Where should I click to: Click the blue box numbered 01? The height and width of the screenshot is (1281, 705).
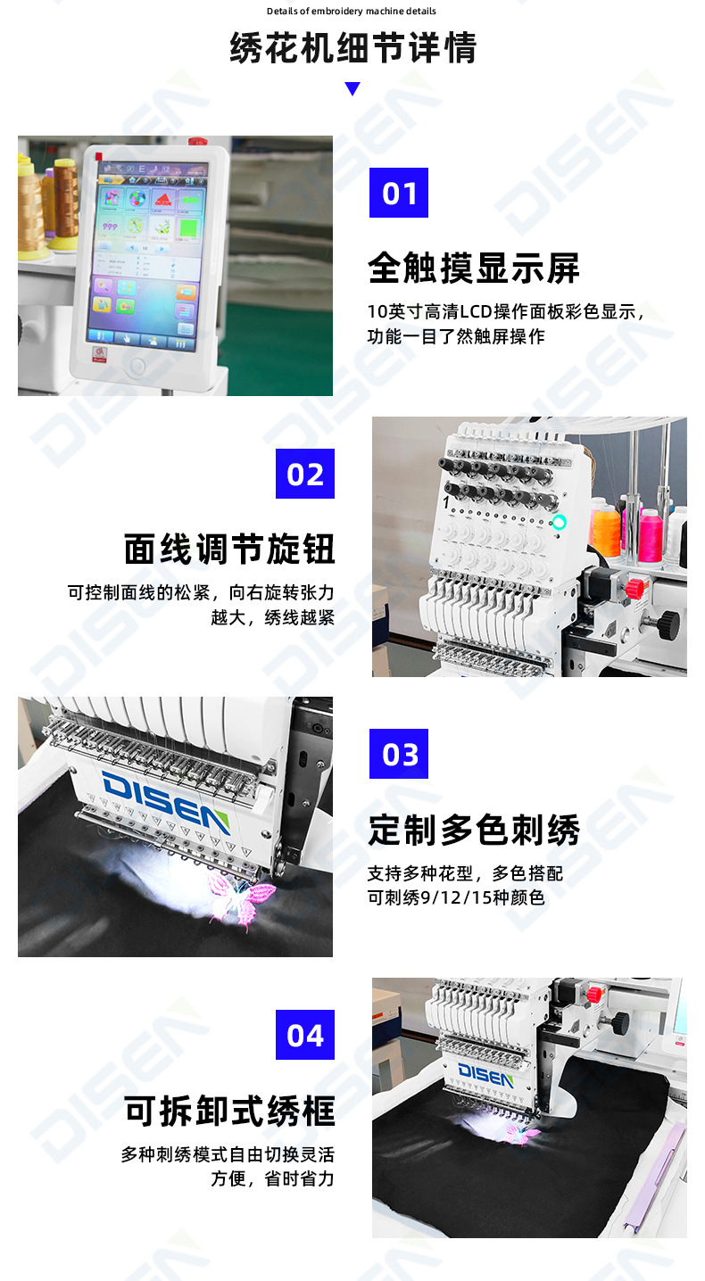(x=399, y=193)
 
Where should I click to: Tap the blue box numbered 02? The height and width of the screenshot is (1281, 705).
(x=305, y=474)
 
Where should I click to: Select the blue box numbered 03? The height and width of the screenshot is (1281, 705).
(x=399, y=754)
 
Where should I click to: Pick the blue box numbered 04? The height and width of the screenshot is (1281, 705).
(x=305, y=1035)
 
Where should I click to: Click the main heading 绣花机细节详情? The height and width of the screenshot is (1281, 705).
(x=352, y=47)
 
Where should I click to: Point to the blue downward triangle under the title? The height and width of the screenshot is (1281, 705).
(x=352, y=89)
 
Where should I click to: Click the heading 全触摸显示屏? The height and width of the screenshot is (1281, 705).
(x=474, y=269)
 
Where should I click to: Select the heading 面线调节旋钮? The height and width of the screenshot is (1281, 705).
(x=230, y=550)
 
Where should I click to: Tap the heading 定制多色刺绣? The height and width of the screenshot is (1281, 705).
(x=474, y=831)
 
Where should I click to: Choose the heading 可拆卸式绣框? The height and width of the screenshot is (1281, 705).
(x=230, y=1112)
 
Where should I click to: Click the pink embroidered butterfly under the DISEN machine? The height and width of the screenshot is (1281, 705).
(x=239, y=897)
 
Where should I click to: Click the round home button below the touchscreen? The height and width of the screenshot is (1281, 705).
(x=137, y=366)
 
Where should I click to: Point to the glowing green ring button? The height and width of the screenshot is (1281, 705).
(x=560, y=522)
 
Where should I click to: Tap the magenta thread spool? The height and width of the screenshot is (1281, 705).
(x=650, y=535)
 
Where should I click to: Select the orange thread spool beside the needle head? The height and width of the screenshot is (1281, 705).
(x=607, y=530)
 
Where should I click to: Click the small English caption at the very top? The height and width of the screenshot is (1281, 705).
(x=352, y=12)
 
